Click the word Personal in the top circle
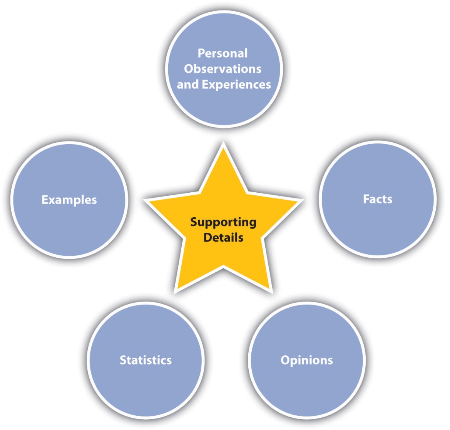[x=222, y=53]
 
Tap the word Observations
[x=222, y=69]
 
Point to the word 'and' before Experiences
[x=188, y=85]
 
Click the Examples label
[x=69, y=200]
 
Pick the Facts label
[x=378, y=199]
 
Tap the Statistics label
[x=146, y=360]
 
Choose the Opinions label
[x=307, y=360]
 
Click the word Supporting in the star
[x=223, y=222]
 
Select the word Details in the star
[x=223, y=237]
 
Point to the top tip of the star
[x=223, y=144]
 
